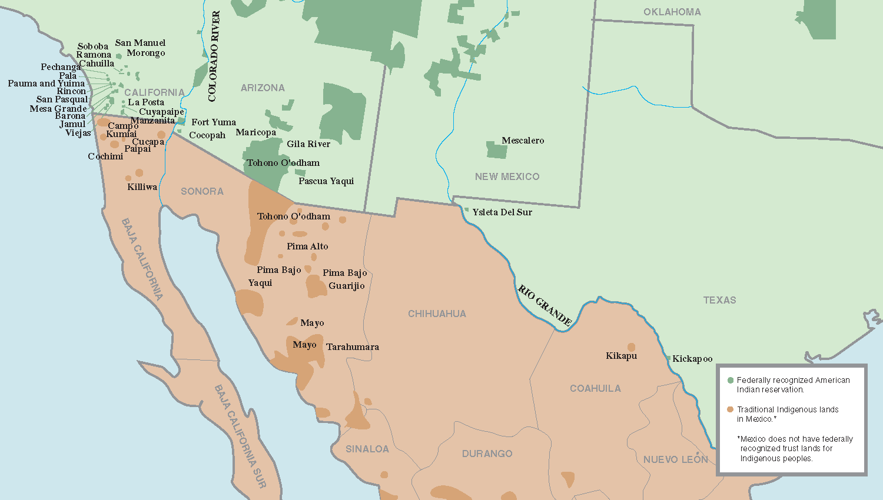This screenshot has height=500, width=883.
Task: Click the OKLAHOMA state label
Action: coord(672,12)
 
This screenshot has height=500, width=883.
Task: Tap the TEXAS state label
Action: coord(719,300)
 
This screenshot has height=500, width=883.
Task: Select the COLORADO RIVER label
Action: coord(213,56)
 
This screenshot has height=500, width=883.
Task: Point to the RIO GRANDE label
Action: coord(545,305)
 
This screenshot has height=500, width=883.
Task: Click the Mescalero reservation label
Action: coord(523,141)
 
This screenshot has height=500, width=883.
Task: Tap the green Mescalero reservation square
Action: coord(497,150)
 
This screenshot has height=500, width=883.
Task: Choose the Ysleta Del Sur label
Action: coord(502,212)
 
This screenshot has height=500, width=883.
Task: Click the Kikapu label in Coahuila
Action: coord(621,356)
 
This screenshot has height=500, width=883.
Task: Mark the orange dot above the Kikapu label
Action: coord(631,347)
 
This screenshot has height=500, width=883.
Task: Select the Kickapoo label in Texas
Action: coord(692,359)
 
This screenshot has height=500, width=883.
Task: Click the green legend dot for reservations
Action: coord(731,380)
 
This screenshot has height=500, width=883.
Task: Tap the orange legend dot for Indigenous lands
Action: coord(731,409)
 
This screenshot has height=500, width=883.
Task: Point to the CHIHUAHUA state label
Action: coord(437,314)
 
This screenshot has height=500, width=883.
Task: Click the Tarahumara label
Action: coord(353,347)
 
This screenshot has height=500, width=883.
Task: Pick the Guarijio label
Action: coord(347,286)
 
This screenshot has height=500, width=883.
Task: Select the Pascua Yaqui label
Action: coord(326,181)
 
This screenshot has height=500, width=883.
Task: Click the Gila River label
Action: coord(308,144)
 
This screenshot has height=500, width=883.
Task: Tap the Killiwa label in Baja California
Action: coord(142,187)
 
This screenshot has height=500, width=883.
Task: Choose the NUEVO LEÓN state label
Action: coord(675,459)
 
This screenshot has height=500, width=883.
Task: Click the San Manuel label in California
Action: coord(140,43)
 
